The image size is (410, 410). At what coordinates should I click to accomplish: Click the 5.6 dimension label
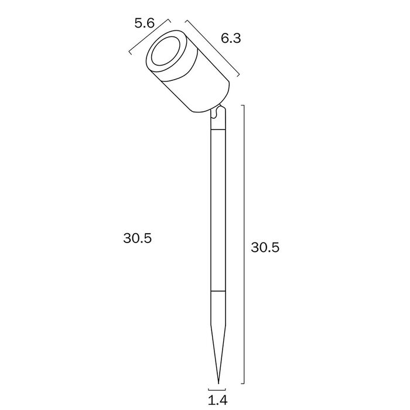coord(145,23)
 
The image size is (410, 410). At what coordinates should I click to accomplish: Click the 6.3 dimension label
coord(231,39)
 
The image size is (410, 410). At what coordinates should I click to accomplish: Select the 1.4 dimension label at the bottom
coord(217,400)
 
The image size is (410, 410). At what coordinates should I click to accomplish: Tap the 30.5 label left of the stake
coord(137,238)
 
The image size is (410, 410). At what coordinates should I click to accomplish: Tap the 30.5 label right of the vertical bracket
coord(265,247)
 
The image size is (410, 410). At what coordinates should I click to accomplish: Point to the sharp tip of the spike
coord(218,383)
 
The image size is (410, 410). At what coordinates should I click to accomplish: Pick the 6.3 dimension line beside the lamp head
coord(212,49)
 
